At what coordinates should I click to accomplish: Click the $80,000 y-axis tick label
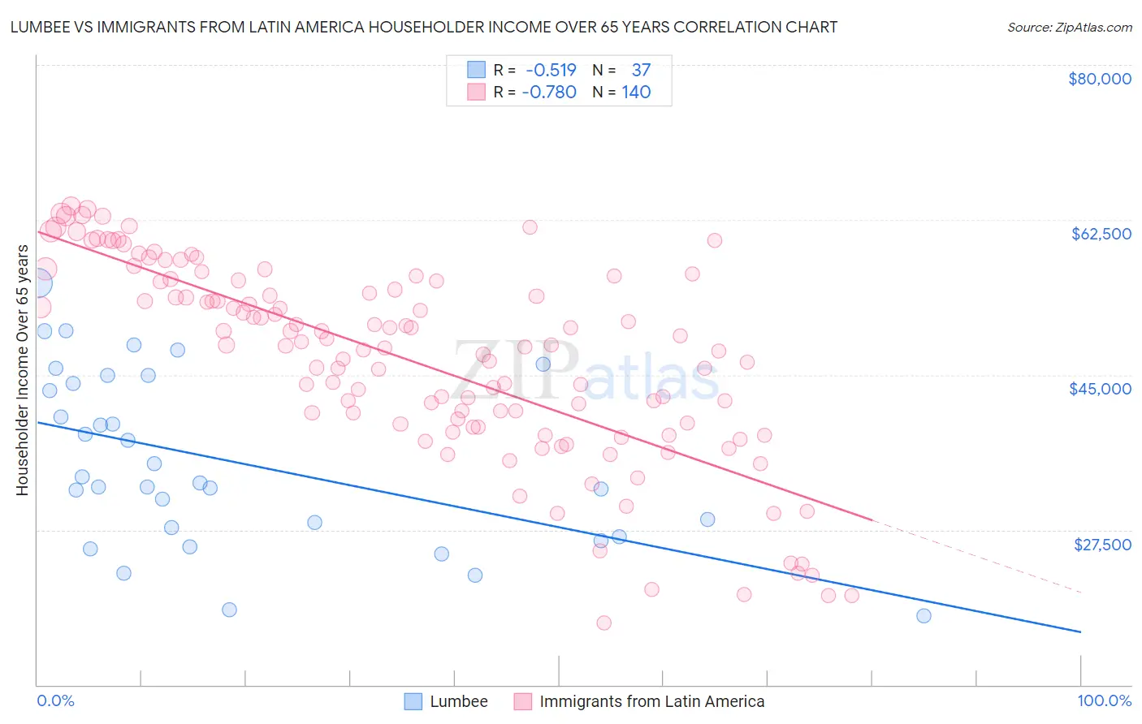(1099, 79)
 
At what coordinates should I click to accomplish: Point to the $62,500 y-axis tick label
(1101, 234)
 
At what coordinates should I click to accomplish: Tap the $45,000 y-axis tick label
(1100, 389)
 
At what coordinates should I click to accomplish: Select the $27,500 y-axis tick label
(1102, 545)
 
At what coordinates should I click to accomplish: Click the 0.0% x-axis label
(55, 700)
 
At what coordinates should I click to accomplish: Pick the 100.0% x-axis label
(1104, 700)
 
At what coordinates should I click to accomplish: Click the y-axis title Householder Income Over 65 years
(23, 369)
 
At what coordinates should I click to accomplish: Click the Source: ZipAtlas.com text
(1069, 27)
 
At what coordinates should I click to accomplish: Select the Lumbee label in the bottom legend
(459, 701)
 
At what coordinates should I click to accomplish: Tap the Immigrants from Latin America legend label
(651, 701)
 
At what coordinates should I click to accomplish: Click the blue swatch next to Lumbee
(413, 701)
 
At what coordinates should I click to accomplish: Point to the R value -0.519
(550, 70)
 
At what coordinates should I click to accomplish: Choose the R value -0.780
(550, 92)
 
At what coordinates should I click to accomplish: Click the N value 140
(636, 92)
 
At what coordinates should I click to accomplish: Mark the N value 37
(641, 70)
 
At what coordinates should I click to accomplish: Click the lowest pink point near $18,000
(603, 623)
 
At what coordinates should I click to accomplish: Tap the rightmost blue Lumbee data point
(924, 615)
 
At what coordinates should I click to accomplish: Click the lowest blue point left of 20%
(229, 610)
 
